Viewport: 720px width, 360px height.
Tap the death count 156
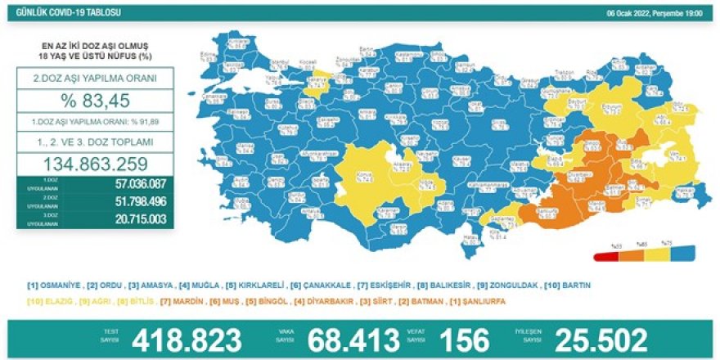click(463, 339)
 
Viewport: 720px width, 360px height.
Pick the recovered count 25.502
click(601, 339)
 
